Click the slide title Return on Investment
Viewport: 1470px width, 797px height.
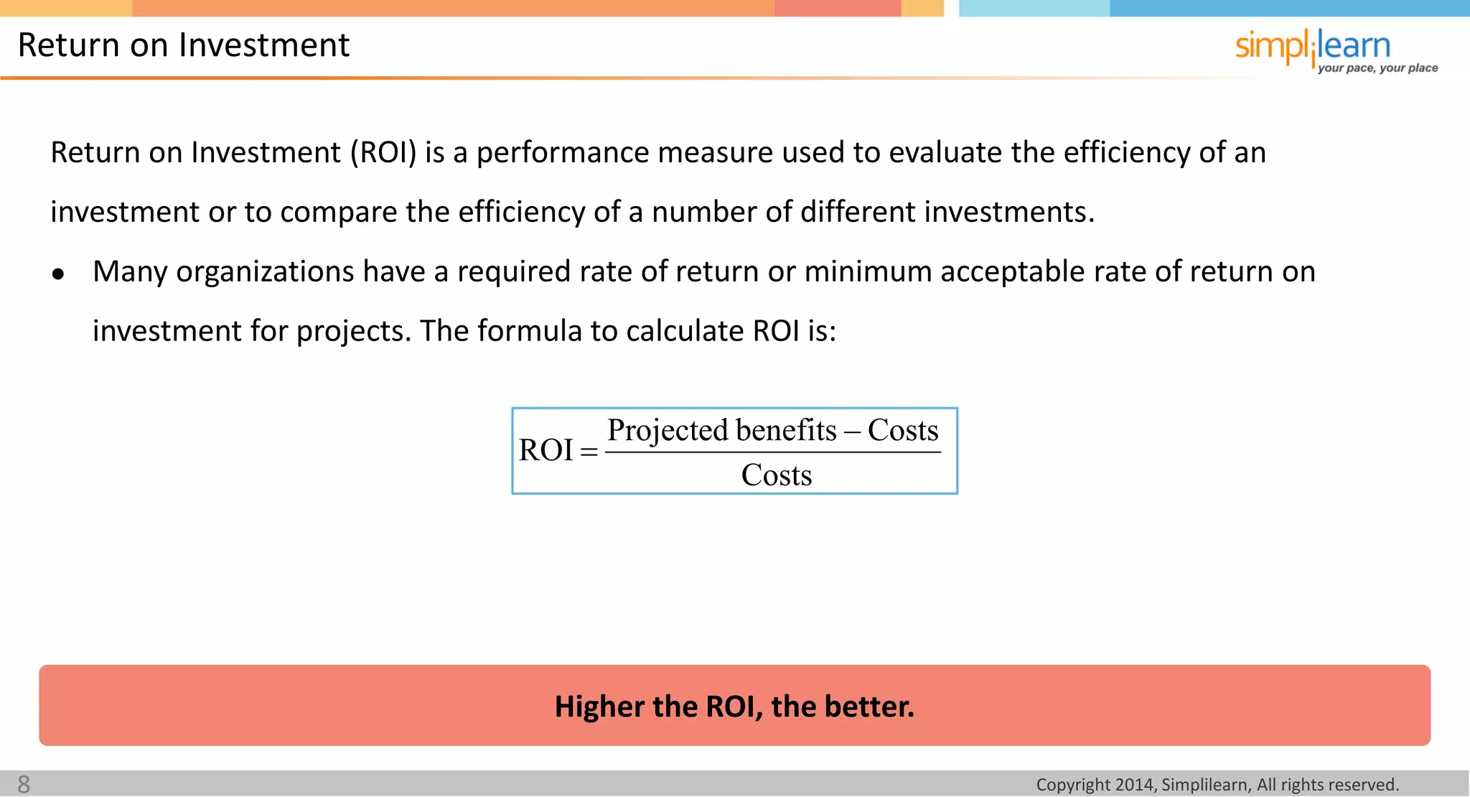(183, 45)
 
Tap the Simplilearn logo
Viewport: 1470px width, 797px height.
(1312, 47)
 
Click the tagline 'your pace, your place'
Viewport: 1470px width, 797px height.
(1377, 68)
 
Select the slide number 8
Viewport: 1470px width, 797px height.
(24, 784)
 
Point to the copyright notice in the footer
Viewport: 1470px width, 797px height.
(1217, 785)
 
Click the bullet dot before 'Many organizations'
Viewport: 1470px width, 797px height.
(59, 274)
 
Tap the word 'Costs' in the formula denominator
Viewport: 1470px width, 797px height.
(776, 475)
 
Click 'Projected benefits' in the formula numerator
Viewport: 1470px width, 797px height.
(721, 430)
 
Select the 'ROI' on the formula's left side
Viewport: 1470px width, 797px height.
(546, 450)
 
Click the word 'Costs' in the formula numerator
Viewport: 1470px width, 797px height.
(903, 430)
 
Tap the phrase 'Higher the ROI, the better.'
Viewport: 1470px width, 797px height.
(734, 707)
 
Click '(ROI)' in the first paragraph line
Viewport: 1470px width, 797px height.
(383, 153)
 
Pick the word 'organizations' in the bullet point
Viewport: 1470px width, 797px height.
(265, 272)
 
